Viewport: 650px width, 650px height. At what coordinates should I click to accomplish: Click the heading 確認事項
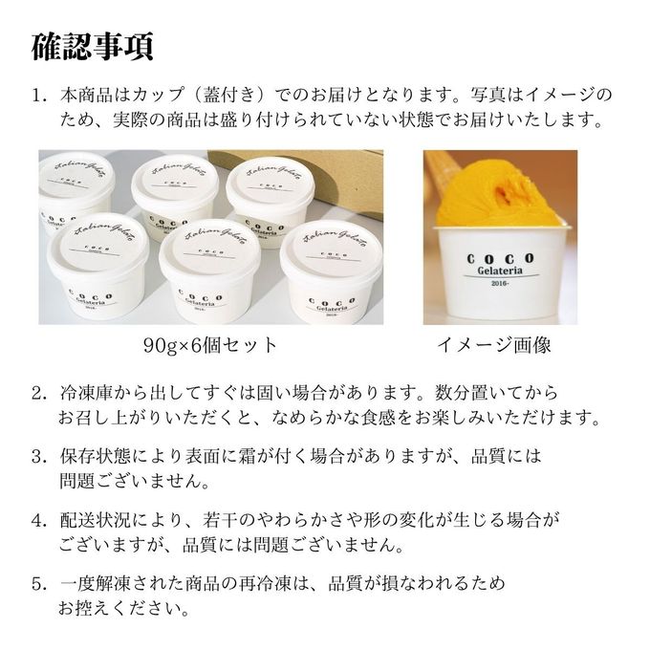pos(93,47)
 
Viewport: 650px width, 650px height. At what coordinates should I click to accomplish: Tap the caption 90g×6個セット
pos(210,345)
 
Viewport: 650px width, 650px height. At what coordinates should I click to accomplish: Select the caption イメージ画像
pos(494,345)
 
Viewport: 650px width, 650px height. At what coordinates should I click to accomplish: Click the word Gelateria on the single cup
pos(500,271)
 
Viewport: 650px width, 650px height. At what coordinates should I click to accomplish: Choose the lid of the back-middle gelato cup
pos(175,184)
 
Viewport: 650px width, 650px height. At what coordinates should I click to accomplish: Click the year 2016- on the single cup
pos(499,284)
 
